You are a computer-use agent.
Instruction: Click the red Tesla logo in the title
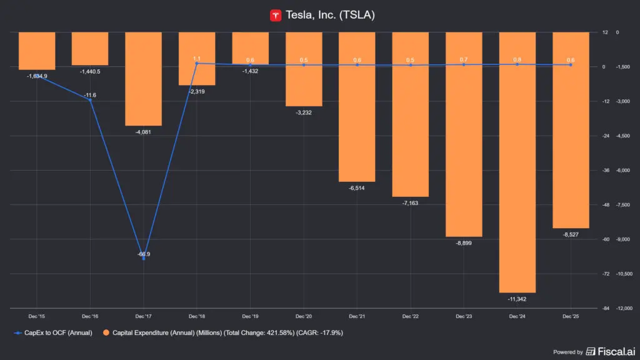(x=276, y=16)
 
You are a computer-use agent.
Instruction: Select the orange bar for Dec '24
(x=517, y=162)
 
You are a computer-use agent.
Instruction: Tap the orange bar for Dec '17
(x=143, y=79)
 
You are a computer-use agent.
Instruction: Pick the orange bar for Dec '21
(x=357, y=107)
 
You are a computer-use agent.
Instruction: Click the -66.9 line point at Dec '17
(x=144, y=258)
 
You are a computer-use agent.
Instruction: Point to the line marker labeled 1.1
(x=197, y=63)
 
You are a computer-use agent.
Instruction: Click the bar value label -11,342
(x=517, y=299)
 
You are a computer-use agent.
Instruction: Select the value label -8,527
(x=571, y=235)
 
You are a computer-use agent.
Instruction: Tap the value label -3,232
(x=304, y=112)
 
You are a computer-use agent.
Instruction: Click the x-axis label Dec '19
(x=250, y=316)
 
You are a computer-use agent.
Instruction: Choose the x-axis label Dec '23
(x=464, y=316)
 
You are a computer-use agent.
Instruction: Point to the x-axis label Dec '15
(x=37, y=316)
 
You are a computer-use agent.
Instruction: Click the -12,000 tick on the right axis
(x=624, y=308)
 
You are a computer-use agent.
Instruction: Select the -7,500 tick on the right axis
(x=623, y=205)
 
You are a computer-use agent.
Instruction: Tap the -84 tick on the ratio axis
(x=606, y=308)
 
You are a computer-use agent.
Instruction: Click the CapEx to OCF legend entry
(x=53, y=332)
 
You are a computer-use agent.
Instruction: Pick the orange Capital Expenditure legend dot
(x=106, y=332)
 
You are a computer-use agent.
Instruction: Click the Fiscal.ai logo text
(x=611, y=351)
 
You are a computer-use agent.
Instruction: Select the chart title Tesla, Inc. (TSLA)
(x=330, y=15)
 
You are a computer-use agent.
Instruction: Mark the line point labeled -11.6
(x=90, y=100)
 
